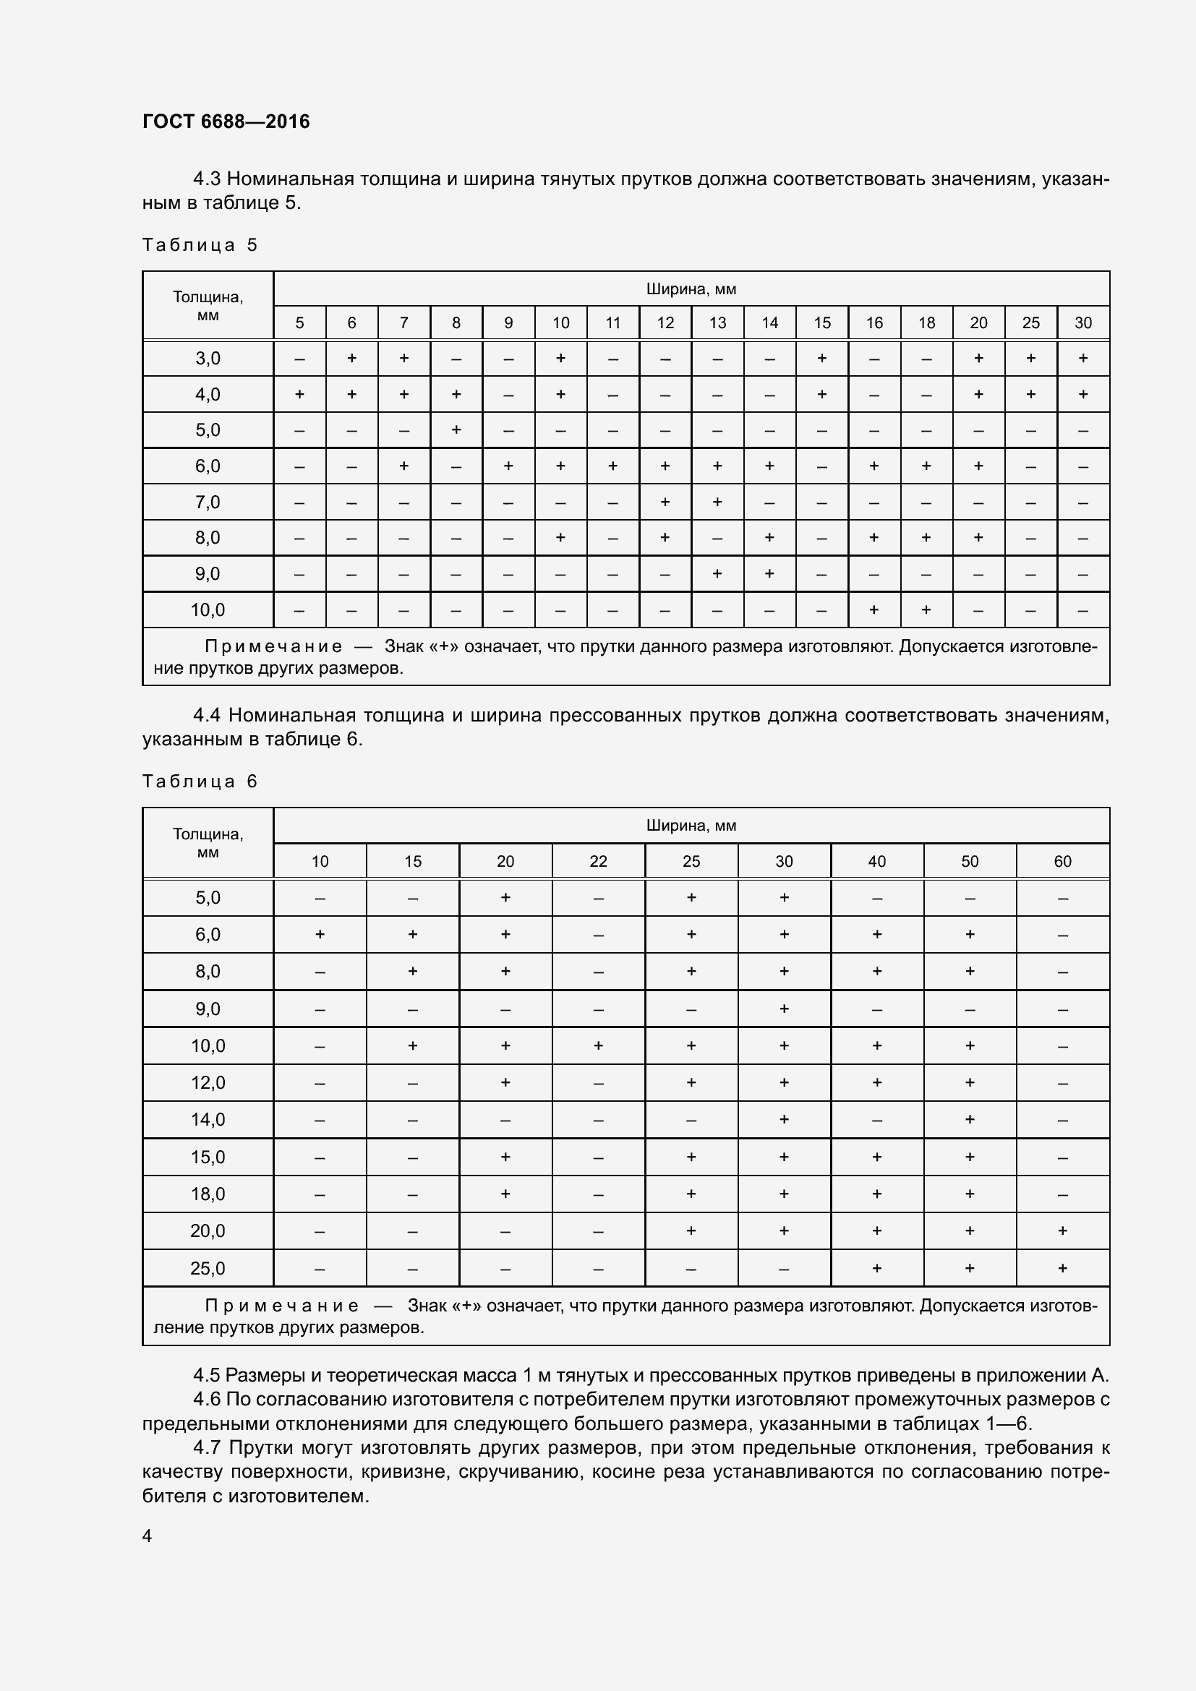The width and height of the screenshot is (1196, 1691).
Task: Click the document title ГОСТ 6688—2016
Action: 226,121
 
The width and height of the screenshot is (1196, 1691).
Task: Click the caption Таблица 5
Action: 200,245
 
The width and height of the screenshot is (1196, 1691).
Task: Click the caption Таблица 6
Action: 200,782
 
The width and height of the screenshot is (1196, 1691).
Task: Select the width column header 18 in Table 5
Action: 926,322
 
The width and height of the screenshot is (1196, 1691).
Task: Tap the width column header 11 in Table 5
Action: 612,322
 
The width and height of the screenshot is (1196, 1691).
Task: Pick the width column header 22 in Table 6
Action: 598,861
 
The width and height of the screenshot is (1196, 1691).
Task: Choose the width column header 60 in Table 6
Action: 1062,861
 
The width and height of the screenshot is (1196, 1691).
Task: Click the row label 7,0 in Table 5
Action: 208,502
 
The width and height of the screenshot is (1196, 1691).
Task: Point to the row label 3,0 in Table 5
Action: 208,359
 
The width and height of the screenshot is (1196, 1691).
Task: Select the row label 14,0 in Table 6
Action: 208,1119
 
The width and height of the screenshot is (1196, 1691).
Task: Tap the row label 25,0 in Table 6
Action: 208,1268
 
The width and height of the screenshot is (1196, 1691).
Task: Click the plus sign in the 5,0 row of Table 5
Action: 456,429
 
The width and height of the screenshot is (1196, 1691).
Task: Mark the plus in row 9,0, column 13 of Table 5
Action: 717,573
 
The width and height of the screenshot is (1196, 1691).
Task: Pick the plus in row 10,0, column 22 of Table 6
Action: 598,1045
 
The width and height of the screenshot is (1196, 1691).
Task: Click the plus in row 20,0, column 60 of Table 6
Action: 1062,1230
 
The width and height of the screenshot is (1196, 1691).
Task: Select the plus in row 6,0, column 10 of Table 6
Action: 320,934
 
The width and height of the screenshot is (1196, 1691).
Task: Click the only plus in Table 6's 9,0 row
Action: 784,1009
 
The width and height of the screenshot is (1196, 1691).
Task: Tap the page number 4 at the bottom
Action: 148,1536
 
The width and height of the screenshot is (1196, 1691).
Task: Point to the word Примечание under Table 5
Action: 273,646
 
